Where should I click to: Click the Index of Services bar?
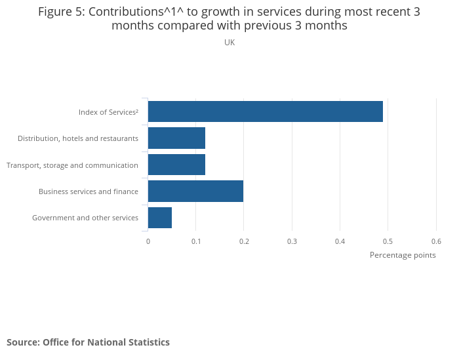[x=265, y=111]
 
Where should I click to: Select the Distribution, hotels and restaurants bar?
[x=176, y=138]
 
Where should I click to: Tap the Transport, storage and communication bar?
[x=176, y=165]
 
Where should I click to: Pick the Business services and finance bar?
[x=195, y=191]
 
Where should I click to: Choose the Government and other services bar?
[x=160, y=218]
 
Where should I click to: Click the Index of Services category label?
[x=108, y=112]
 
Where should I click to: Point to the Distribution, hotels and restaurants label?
[x=78, y=138]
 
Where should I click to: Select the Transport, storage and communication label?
[x=72, y=165]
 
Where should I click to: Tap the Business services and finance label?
[x=89, y=191]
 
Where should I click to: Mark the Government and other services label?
[x=85, y=218]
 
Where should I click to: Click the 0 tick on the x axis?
[x=148, y=241]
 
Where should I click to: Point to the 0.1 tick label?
[x=196, y=241]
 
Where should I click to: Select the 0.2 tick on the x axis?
[x=244, y=241]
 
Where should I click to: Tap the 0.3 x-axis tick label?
[x=292, y=241]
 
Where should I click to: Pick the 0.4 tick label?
[x=340, y=241]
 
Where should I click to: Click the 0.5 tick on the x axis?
[x=388, y=241]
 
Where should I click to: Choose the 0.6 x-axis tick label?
[x=436, y=241]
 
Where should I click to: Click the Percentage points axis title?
[x=403, y=255]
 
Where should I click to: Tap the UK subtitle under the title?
[x=229, y=43]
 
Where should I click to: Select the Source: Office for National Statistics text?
[x=88, y=342]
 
